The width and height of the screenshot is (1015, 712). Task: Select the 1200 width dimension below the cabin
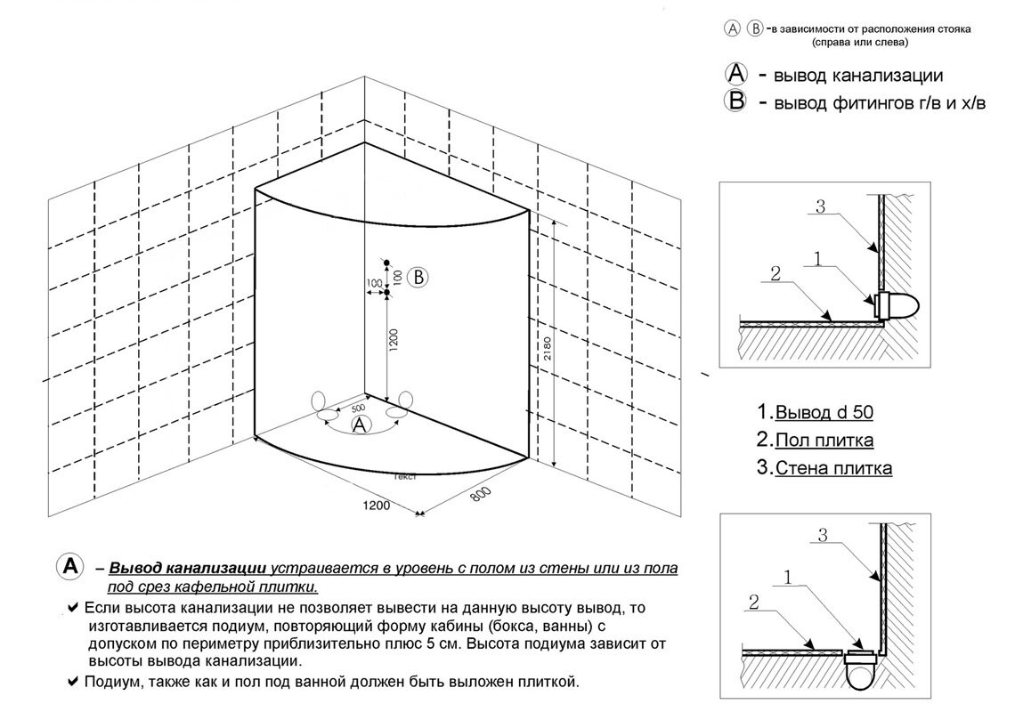tap(378, 506)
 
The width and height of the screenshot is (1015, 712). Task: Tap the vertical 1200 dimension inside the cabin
tap(394, 338)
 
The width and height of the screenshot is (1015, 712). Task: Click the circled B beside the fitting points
tap(417, 277)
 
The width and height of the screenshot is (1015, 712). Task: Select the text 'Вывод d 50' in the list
tap(824, 412)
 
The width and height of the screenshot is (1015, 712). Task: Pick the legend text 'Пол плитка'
tap(824, 440)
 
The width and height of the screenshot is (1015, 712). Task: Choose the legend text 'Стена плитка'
tap(833, 467)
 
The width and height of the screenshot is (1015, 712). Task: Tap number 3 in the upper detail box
tap(821, 206)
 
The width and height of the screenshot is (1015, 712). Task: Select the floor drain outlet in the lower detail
tap(861, 667)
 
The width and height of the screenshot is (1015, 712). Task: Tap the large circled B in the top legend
tap(737, 101)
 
